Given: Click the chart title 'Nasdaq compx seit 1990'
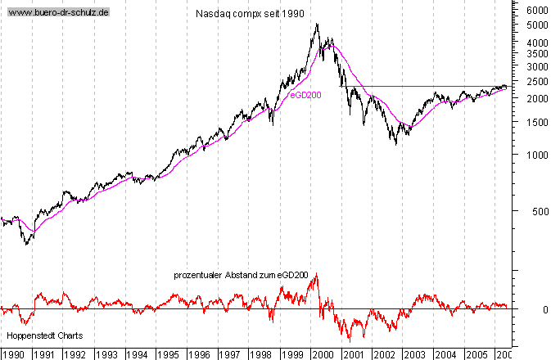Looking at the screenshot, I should [x=251, y=15].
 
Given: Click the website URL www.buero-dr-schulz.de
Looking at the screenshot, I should [x=59, y=14].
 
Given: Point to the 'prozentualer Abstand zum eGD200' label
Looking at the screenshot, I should [x=241, y=276].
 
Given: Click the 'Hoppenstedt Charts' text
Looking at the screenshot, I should [x=45, y=335].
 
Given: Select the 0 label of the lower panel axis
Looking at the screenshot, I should [x=533, y=309].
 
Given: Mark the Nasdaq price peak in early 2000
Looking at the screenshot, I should [x=317, y=24].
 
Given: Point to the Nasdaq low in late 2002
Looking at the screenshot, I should [x=396, y=145].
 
